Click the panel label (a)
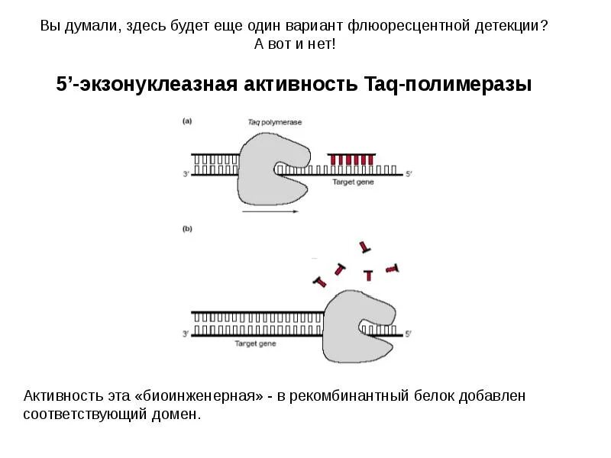(x=187, y=121)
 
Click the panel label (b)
(x=187, y=227)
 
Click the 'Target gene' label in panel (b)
(x=254, y=344)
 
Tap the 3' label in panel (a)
(x=186, y=175)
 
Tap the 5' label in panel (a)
(x=409, y=175)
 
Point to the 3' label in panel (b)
(x=186, y=334)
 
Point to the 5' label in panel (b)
(x=408, y=334)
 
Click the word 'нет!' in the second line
(x=319, y=44)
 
